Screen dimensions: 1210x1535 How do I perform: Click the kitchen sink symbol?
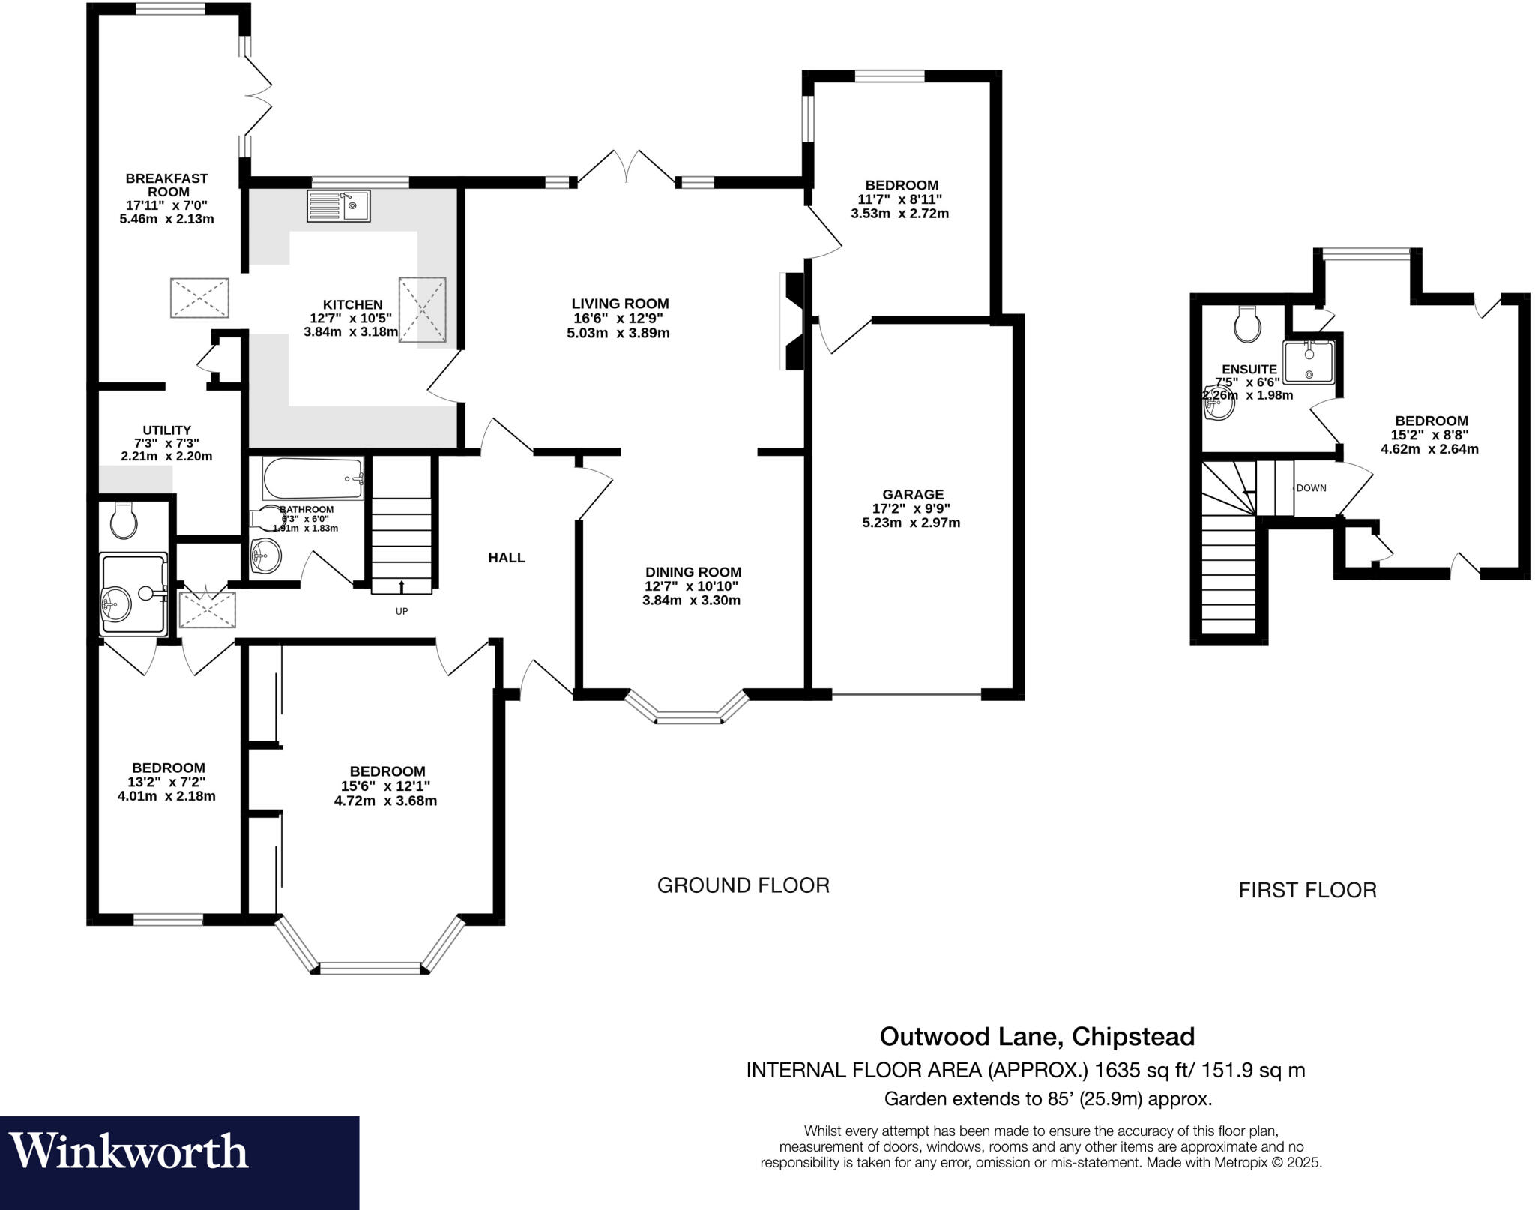tap(338, 205)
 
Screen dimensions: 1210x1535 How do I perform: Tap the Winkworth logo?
tap(129, 1152)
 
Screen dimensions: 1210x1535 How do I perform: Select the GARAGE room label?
tap(912, 494)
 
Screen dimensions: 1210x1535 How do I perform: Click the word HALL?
tap(507, 557)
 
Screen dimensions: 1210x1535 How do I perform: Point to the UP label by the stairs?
tap(402, 611)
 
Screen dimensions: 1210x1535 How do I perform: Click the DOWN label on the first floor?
tap(1311, 488)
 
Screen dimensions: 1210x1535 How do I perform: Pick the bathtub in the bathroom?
tap(313, 478)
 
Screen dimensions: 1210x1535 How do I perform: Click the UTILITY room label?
tap(166, 430)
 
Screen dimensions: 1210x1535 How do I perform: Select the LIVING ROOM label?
tap(620, 304)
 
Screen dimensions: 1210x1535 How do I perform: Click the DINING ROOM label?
tap(693, 572)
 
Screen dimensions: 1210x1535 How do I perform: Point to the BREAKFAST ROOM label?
tap(166, 185)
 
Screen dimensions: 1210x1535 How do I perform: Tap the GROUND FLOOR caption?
tap(743, 885)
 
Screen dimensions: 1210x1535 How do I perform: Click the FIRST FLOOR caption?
tap(1307, 890)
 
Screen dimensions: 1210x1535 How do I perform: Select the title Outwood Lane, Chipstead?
tap(1037, 1036)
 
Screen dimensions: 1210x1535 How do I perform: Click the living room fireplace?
tap(791, 321)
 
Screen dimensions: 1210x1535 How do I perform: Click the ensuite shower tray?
tap(1309, 361)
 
